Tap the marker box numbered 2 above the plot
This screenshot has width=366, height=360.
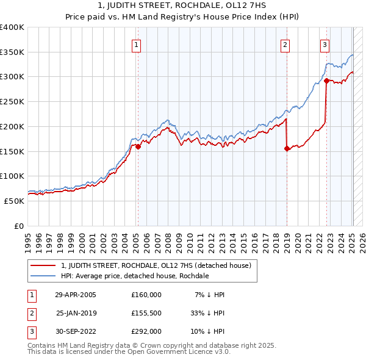coord(285,44)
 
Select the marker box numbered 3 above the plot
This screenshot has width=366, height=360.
coord(325,44)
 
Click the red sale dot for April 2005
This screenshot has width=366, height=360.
coord(138,146)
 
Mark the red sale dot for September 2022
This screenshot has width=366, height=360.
coord(327,81)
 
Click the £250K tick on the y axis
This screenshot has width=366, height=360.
coord(12,101)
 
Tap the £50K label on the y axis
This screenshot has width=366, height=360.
coord(14,201)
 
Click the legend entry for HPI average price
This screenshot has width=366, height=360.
coord(135,276)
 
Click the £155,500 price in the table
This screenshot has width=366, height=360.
coord(146,313)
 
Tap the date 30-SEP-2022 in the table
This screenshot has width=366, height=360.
coord(76,332)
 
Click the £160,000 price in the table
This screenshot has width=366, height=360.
coord(146,294)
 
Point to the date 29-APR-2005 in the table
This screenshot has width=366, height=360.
coord(76,294)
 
